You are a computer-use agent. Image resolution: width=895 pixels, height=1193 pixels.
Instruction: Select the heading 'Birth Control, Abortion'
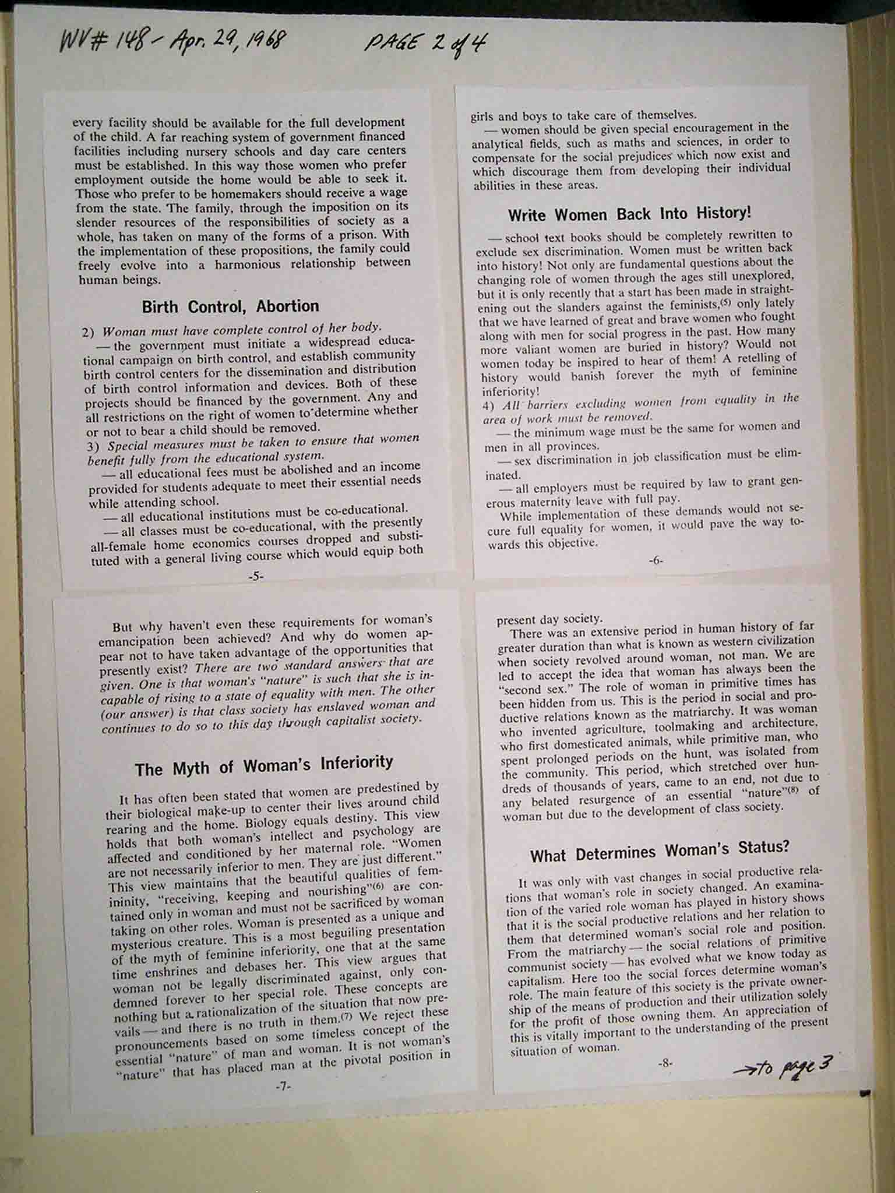(230, 306)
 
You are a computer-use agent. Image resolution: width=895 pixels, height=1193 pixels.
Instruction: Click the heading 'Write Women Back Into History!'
(629, 214)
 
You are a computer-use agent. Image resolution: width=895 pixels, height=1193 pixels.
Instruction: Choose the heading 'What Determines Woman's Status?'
(660, 850)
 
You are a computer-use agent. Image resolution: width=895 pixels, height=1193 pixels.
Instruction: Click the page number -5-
(256, 576)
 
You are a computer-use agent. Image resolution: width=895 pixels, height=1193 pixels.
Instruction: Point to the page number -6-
(656, 560)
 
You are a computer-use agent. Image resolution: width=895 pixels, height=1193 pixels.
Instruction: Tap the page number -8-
(665, 1063)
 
